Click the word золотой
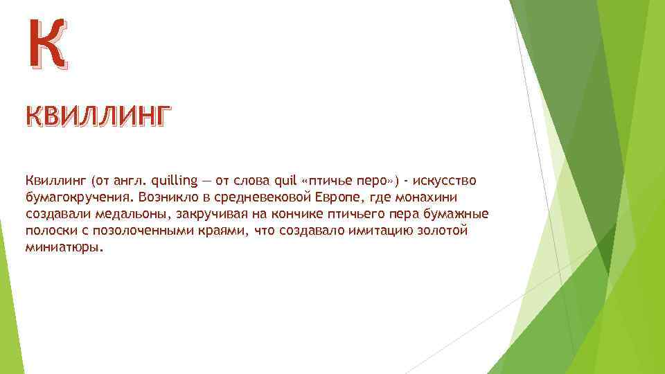[444, 231]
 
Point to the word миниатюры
[64, 247]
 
